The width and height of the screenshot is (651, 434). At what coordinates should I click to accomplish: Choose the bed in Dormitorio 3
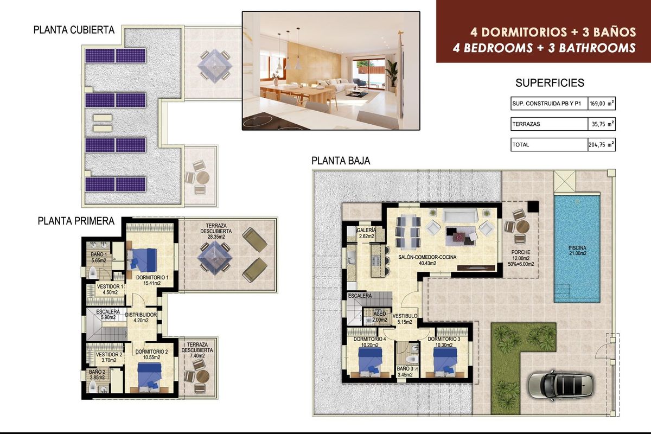tap(445, 360)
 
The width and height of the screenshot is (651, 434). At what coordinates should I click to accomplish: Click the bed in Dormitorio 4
tap(371, 360)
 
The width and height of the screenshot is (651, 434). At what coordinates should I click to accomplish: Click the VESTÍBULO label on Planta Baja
tap(405, 318)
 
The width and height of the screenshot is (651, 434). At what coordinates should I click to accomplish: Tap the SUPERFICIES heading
tap(550, 83)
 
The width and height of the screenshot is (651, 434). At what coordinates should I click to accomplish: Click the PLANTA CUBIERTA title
tap(74, 30)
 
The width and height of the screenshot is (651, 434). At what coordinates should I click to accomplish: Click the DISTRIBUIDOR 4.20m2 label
tap(141, 317)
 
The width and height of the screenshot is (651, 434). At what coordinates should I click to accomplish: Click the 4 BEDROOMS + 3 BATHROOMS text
tap(544, 48)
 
